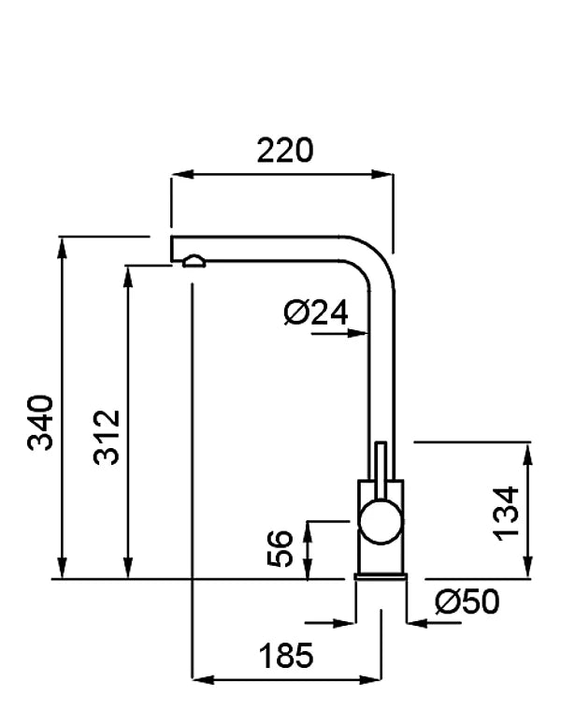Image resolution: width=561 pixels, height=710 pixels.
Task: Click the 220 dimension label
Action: (284, 151)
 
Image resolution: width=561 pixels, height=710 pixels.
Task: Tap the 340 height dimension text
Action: (40, 423)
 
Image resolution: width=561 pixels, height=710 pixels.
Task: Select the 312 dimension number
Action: (107, 437)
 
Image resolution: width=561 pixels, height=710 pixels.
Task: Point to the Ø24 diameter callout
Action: (316, 312)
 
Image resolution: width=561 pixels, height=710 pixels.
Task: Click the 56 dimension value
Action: (280, 548)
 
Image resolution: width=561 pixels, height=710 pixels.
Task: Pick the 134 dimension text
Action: (506, 514)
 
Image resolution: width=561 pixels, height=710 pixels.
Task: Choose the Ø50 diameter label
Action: (467, 601)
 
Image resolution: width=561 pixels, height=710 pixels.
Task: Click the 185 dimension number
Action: (285, 655)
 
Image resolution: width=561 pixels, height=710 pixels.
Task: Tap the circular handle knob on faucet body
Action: (380, 522)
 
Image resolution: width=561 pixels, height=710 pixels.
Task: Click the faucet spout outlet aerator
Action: (194, 261)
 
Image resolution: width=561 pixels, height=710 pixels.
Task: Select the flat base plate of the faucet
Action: (381, 576)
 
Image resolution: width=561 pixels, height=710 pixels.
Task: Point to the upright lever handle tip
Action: (381, 443)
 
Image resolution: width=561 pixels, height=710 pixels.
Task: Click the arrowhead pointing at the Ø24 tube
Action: (358, 334)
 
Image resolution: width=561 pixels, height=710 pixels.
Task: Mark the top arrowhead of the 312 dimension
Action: (128, 276)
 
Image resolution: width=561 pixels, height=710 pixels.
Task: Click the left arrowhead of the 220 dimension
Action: (182, 174)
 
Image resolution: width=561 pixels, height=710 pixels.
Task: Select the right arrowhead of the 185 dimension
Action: (370, 679)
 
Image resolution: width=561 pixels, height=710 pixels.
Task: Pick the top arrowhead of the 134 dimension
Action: (527, 453)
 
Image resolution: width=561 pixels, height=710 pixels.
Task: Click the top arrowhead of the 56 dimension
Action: (308, 532)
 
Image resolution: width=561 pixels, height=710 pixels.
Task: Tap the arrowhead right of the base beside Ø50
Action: (417, 623)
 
